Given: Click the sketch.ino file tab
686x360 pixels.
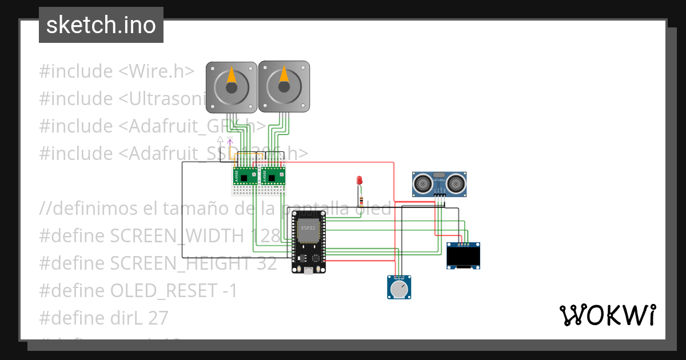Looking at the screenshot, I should tap(101, 25).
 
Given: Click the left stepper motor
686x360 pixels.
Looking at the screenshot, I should tap(231, 87).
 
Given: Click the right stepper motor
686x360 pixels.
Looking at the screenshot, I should tap(284, 86).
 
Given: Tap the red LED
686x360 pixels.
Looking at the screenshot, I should tap(360, 181).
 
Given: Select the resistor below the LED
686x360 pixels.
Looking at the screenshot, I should tap(361, 199).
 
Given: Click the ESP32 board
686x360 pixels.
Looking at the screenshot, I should tap(309, 241).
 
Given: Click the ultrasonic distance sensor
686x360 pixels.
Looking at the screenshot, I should tap(440, 183).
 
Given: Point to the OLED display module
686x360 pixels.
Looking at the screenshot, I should tap(462, 255).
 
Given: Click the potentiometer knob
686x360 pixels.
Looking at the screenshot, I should tap(399, 289).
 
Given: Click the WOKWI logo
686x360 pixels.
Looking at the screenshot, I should tap(607, 315).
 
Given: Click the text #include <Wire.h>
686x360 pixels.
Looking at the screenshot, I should tap(117, 71).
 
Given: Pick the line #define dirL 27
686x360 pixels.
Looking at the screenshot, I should tap(103, 318).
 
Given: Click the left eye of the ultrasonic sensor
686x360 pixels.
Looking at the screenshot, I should tap(422, 183).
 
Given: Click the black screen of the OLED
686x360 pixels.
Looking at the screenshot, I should tap(462, 258).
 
